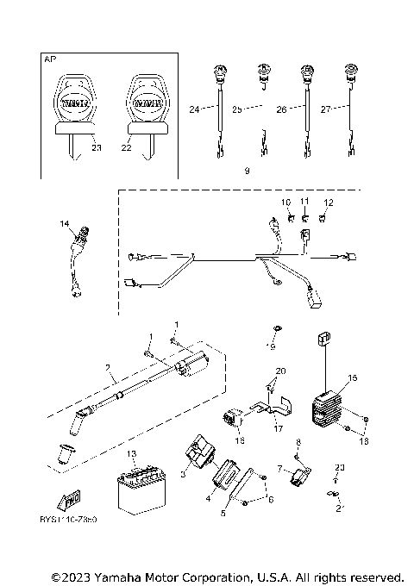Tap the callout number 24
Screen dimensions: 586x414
pyautogui.click(x=194, y=109)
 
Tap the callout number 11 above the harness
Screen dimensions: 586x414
pyautogui.click(x=304, y=202)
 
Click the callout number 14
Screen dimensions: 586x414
pyautogui.click(x=64, y=224)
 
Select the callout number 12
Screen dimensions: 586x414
pyautogui.click(x=327, y=202)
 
